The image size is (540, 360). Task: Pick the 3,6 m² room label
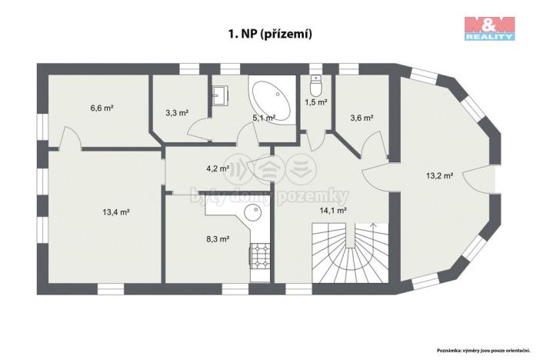coord(361,118)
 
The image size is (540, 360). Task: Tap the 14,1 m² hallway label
coord(333,209)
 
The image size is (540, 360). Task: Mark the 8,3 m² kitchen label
coord(218,238)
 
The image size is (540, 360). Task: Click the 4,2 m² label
coord(218,168)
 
